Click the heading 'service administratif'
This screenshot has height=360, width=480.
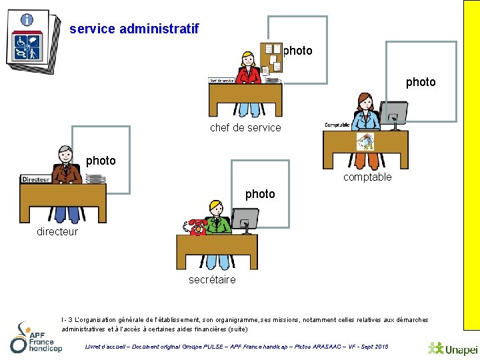pyautogui.click(x=134, y=29)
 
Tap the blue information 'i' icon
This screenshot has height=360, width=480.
pyautogui.click(x=27, y=20)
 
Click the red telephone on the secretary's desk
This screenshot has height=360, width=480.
pyautogui.click(x=198, y=227)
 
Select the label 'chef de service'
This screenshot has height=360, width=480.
pyautogui.click(x=245, y=127)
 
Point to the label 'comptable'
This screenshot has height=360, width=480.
pyautogui.click(x=367, y=177)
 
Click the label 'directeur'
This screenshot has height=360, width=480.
pyautogui.click(x=57, y=231)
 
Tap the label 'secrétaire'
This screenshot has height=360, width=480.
pyautogui.click(x=212, y=279)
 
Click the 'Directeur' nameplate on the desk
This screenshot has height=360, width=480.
pyautogui.click(x=36, y=179)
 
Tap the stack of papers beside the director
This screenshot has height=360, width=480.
pyautogui.click(x=95, y=179)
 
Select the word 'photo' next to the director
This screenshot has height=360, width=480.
pyautogui.click(x=101, y=161)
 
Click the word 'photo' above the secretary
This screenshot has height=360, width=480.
pyautogui.click(x=260, y=194)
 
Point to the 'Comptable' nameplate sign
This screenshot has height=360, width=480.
pyautogui.click(x=338, y=125)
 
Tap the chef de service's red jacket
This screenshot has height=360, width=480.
pyautogui.click(x=249, y=75)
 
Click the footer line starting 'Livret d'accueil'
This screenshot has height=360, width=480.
pyautogui.click(x=237, y=347)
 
